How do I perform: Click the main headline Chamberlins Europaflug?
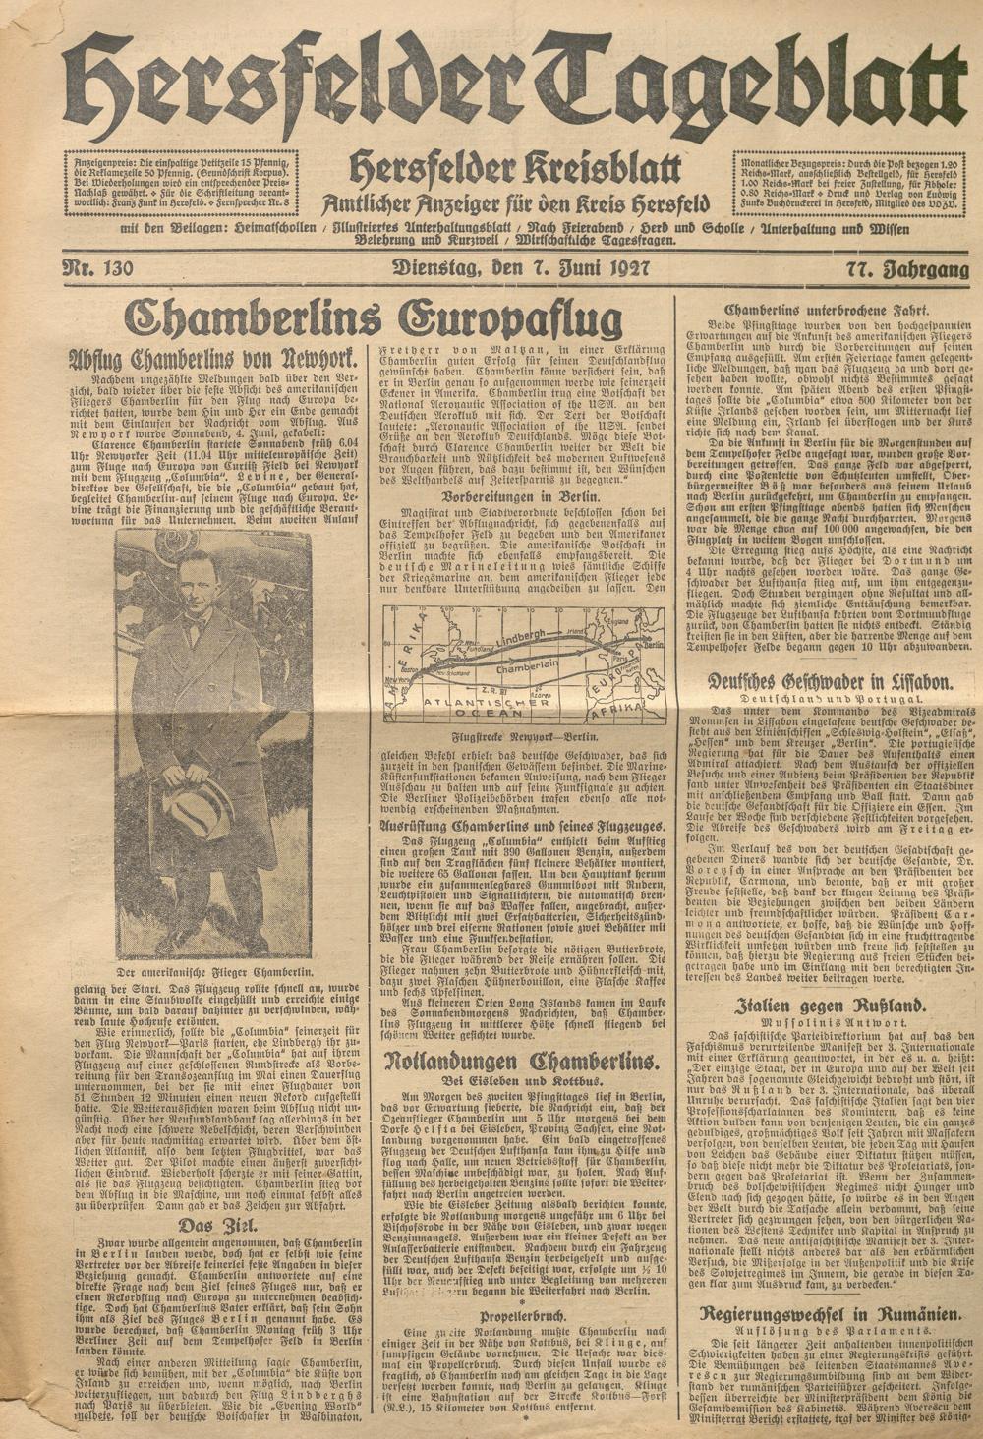click(x=372, y=319)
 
